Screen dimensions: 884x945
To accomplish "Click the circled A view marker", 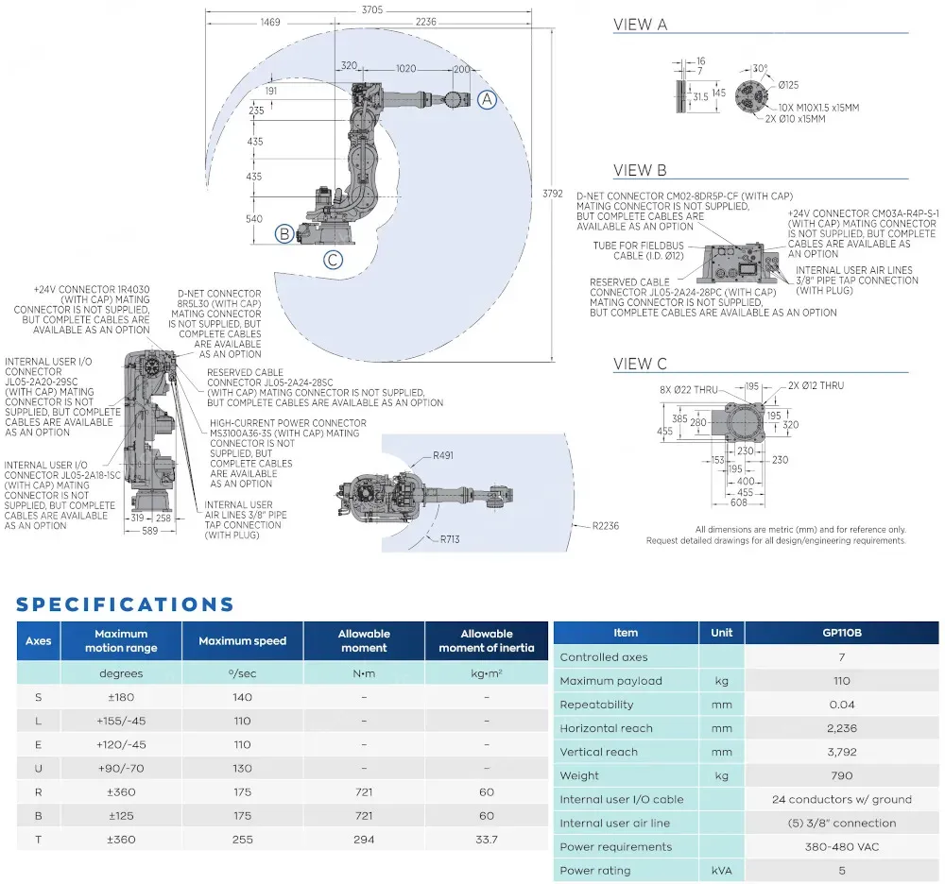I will [486, 99].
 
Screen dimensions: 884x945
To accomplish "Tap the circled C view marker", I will [333, 260].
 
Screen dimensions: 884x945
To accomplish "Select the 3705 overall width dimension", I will [371, 10].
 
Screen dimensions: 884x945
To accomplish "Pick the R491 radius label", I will [442, 455].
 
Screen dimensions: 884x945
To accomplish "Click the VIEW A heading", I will [640, 25].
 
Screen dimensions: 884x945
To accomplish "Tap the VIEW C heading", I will [640, 364].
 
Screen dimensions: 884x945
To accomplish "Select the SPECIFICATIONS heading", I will [125, 604].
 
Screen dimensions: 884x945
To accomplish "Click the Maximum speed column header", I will [242, 641].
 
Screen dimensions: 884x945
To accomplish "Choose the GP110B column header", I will [841, 633].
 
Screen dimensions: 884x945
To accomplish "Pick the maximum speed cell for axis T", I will [242, 839].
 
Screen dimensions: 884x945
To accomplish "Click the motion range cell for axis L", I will [121, 721].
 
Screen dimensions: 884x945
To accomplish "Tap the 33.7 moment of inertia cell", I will [486, 839].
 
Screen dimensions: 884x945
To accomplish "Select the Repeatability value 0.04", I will [841, 705].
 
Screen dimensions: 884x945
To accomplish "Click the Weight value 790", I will [841, 775].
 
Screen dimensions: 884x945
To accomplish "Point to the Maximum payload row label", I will [610, 681].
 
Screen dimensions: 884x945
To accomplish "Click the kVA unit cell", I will [721, 871].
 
